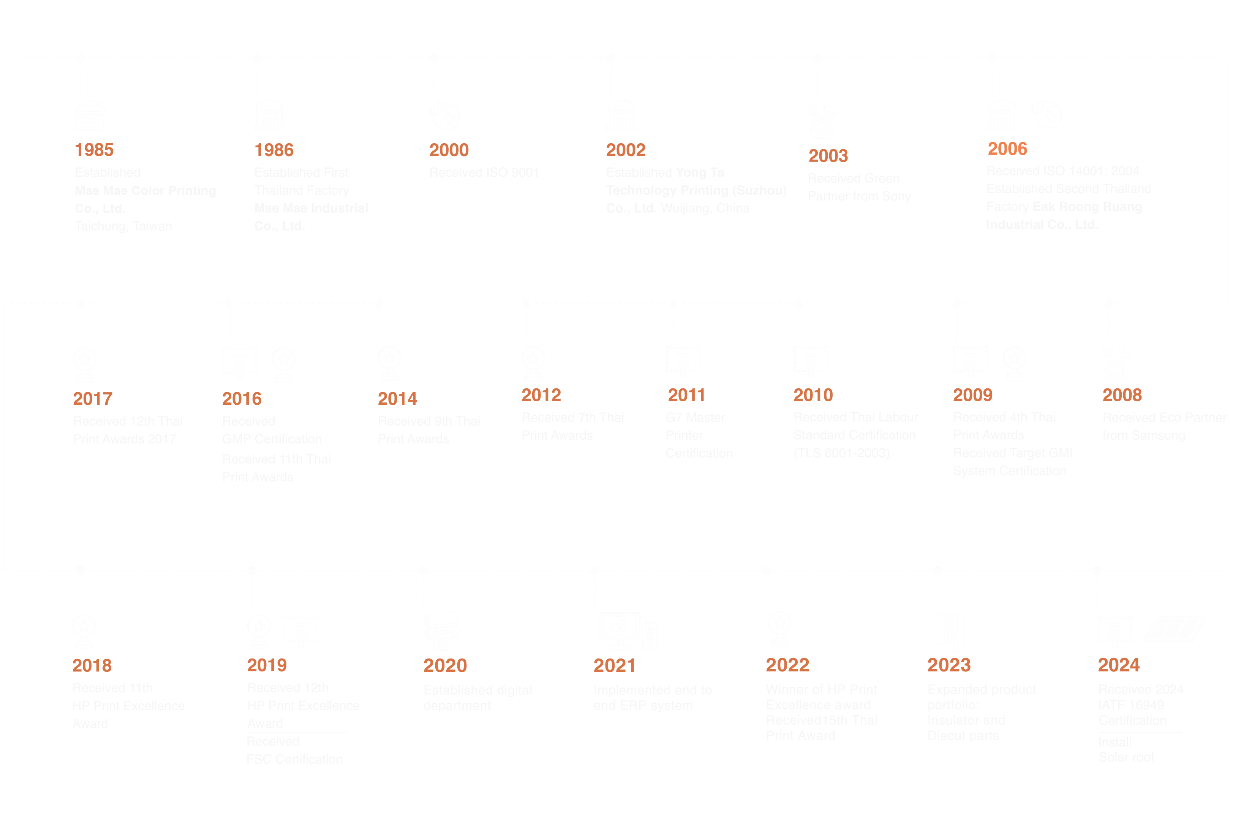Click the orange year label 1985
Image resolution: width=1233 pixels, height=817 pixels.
pyautogui.click(x=94, y=150)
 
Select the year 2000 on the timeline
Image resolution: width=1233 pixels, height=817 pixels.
pyautogui.click(x=449, y=150)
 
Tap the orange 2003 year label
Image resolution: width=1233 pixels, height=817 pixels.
pyautogui.click(x=828, y=156)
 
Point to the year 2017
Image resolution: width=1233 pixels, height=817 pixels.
pyautogui.click(x=92, y=399)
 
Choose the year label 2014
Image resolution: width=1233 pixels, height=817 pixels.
pyautogui.click(x=397, y=399)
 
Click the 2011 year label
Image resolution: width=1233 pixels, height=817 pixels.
pyautogui.click(x=686, y=394)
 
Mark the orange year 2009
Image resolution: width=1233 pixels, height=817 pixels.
pyautogui.click(x=972, y=394)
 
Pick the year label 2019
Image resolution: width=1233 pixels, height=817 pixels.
pyautogui.click(x=267, y=665)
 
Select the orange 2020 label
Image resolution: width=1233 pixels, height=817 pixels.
pyautogui.click(x=445, y=665)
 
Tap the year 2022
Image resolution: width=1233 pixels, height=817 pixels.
pyautogui.click(x=788, y=665)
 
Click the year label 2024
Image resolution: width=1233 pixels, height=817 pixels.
pyautogui.click(x=1118, y=665)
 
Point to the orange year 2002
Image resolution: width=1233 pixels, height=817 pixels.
pyautogui.click(x=626, y=150)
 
